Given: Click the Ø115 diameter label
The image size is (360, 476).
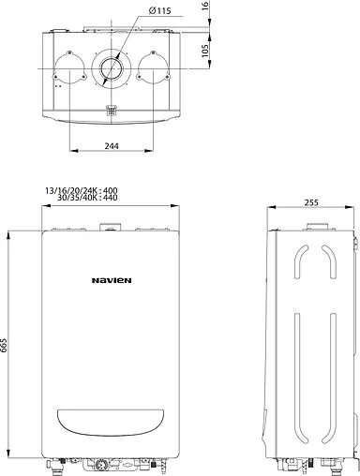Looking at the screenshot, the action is tap(159, 11).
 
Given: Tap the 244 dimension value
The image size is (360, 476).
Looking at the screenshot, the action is tap(112, 146).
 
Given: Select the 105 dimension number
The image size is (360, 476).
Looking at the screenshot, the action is tap(204, 51).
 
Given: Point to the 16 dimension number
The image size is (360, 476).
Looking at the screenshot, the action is tap(204, 6).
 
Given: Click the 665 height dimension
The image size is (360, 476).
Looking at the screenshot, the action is tap(4, 346).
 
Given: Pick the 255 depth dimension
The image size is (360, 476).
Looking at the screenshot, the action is tap(311, 202).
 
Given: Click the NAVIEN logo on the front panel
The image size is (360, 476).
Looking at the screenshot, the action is tap(112, 280).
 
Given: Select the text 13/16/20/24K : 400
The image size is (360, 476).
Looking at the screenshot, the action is tap(82, 190).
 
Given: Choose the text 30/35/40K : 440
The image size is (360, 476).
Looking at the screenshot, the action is tap(87, 198).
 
